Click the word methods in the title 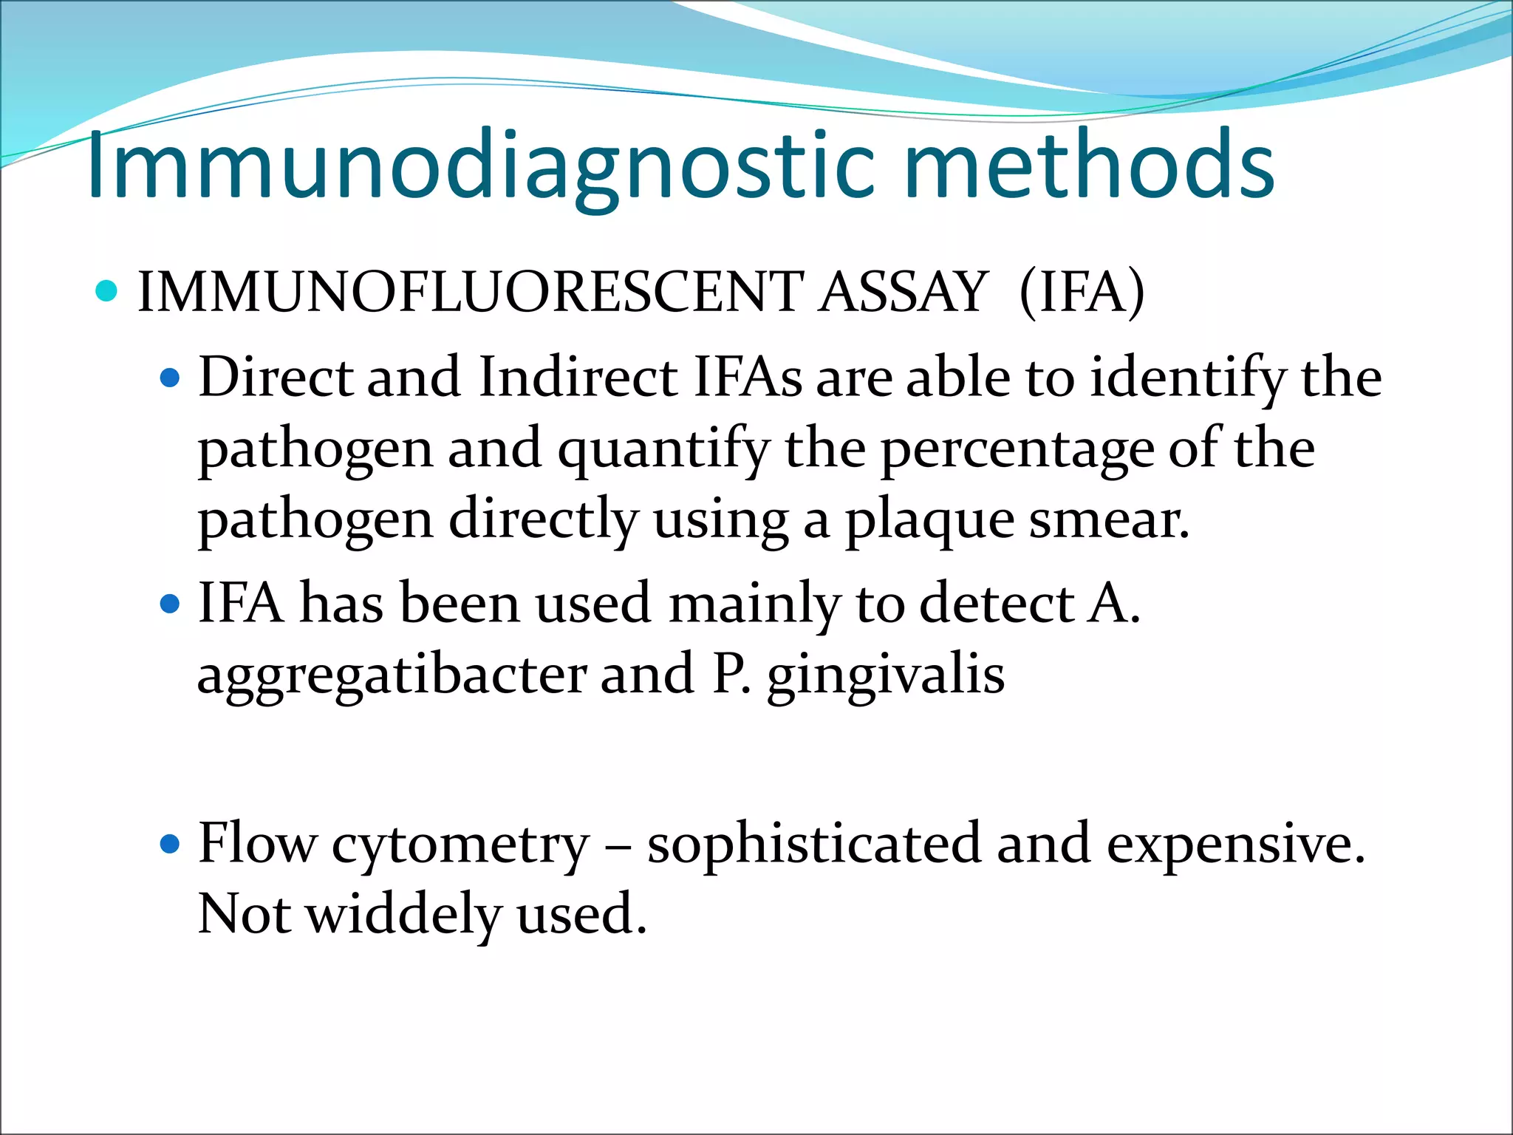click(1089, 166)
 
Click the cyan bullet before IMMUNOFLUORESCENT click(107, 291)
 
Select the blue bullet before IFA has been click(170, 605)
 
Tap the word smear click(1109, 520)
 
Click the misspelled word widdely click(403, 915)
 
